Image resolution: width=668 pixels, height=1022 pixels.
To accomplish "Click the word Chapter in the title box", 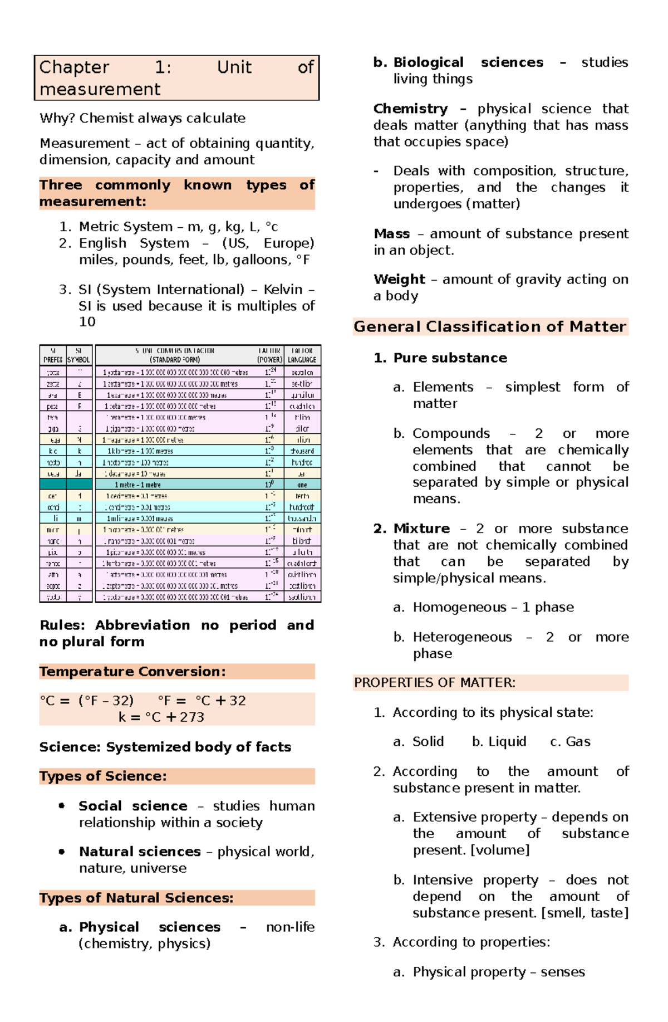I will click(74, 67).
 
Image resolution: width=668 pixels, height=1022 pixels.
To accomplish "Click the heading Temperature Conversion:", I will click(132, 672).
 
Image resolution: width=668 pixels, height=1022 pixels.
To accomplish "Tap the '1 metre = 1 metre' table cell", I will click(138, 485).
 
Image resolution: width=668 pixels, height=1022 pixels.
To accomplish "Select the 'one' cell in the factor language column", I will click(302, 485).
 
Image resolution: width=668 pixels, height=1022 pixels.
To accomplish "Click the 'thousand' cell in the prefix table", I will click(302, 451).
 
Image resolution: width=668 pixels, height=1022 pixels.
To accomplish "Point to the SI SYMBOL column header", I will click(78, 355).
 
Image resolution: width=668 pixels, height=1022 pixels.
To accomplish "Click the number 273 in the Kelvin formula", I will click(192, 717).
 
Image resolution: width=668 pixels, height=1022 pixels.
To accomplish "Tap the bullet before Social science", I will click(62, 805).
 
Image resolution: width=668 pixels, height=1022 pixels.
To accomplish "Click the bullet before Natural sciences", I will click(62, 851).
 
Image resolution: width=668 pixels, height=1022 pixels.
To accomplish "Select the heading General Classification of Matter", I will click(490, 326).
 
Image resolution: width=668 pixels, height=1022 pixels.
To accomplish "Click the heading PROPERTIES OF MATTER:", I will click(435, 683).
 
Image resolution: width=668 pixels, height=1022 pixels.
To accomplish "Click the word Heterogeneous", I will click(462, 637).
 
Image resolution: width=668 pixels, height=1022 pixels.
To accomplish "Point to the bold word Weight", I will click(399, 280).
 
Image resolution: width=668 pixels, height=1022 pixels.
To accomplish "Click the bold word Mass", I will click(392, 234).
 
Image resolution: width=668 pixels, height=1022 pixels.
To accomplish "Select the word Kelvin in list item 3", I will click(283, 290).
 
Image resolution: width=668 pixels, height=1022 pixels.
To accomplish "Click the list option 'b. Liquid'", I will click(499, 742).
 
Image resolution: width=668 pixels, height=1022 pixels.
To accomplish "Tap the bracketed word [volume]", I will click(500, 850).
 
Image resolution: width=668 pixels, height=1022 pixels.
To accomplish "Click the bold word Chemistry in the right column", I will click(410, 109).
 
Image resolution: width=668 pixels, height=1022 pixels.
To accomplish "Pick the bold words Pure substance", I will click(450, 358).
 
